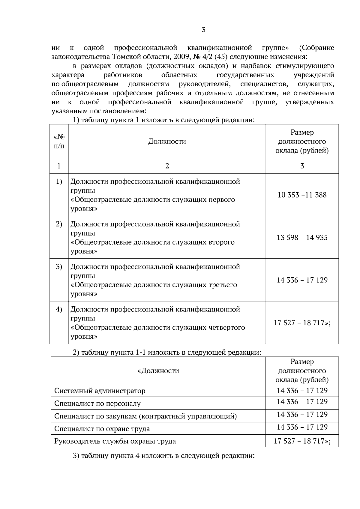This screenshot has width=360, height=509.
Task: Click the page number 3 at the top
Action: pos(203,30)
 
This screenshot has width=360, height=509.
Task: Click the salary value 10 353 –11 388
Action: pos(302,195)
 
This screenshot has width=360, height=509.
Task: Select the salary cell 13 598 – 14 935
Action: pos(302,237)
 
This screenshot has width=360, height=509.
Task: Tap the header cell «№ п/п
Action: pos(59,141)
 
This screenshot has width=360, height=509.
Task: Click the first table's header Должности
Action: pos(167,141)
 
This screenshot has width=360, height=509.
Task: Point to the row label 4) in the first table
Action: pos(59,309)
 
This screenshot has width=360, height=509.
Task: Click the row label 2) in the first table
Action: pos(59,224)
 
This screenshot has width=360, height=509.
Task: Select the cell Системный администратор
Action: pos(100,391)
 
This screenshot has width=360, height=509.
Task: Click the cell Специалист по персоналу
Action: pos(97,403)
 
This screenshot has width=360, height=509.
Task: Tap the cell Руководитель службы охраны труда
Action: pos(115,441)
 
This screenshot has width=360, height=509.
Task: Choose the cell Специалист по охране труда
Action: pos(102,428)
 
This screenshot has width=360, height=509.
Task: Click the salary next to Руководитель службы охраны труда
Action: pos(302,441)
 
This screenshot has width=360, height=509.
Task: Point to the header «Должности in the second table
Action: pos(158,371)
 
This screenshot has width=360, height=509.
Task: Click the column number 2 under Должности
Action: pos(167,166)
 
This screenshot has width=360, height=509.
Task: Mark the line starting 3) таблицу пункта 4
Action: pos(164,456)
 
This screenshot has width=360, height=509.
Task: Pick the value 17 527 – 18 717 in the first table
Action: pos(302,323)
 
